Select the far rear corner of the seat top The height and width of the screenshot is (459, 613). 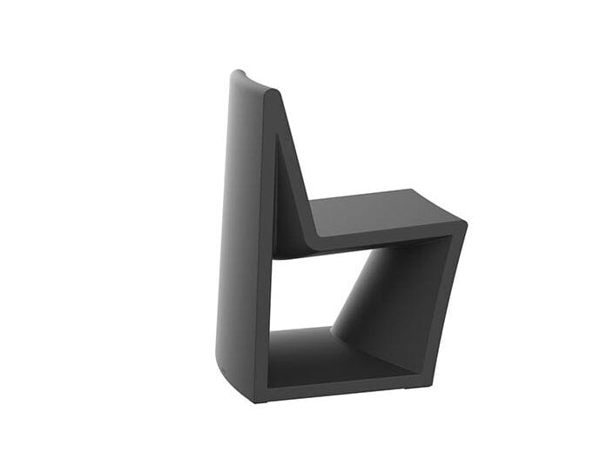[409, 190]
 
